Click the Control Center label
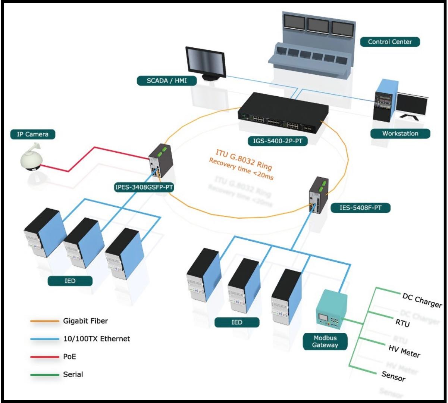click(x=390, y=42)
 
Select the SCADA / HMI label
click(x=167, y=81)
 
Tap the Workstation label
click(x=400, y=133)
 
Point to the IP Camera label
click(x=33, y=134)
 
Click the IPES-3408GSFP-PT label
click(x=144, y=188)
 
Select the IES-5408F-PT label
click(x=360, y=207)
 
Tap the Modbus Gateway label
click(x=325, y=341)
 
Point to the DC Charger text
click(x=422, y=300)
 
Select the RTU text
click(x=402, y=323)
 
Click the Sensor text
click(x=393, y=377)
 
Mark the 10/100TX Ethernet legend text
click(x=96, y=339)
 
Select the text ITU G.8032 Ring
click(x=244, y=159)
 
